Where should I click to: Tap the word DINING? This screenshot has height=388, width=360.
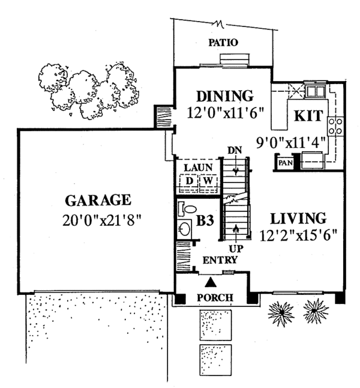224,96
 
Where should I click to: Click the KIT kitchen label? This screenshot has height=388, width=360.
309,117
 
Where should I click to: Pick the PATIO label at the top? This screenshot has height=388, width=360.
223,43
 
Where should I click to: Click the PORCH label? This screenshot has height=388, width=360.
215,298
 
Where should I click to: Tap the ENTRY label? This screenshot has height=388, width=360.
220,260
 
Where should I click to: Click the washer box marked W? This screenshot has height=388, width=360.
207,180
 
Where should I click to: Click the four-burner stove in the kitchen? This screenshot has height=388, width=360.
335,126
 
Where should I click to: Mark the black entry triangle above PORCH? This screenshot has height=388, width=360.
211,281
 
